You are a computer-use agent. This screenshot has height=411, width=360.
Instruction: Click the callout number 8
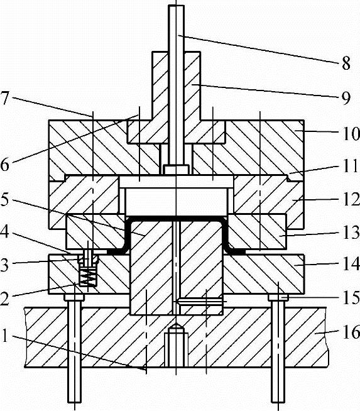(346, 63)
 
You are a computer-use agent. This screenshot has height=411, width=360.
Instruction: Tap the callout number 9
(346, 97)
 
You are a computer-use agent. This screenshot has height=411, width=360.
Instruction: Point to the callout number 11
(351, 166)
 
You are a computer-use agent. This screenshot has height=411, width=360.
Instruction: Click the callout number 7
(5, 97)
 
